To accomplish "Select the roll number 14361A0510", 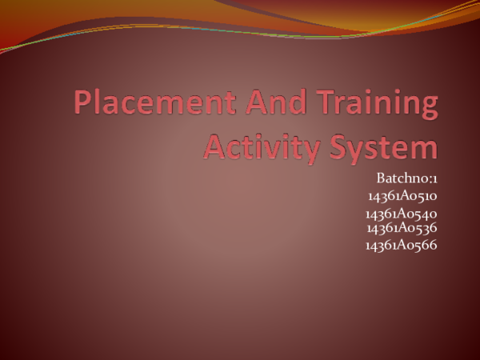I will pos(402,195).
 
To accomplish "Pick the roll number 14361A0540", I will pos(401,214).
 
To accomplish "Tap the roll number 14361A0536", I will pos(402,228).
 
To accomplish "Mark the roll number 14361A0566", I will pos(401,245).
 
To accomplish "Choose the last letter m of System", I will pos(426,150).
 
